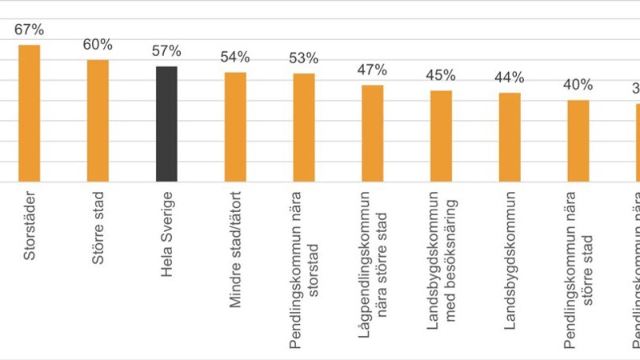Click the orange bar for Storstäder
[x=30, y=114]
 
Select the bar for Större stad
[x=98, y=121]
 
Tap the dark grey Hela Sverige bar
[x=166, y=124]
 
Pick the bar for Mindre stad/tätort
[x=235, y=127]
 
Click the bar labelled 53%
[x=304, y=128]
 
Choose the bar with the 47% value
[x=373, y=134]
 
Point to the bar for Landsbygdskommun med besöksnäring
[x=441, y=136]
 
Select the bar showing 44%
[x=510, y=138]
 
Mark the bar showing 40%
[x=578, y=141]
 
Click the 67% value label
[x=30, y=30]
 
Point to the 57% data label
[x=166, y=52]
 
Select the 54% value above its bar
[x=235, y=58]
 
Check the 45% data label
[x=441, y=76]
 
